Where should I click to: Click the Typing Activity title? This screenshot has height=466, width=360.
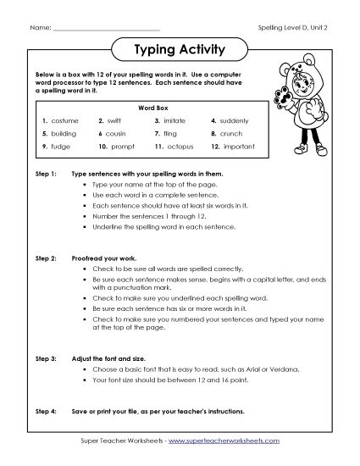click(180, 50)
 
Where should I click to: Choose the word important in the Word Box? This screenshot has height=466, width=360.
click(241, 147)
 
